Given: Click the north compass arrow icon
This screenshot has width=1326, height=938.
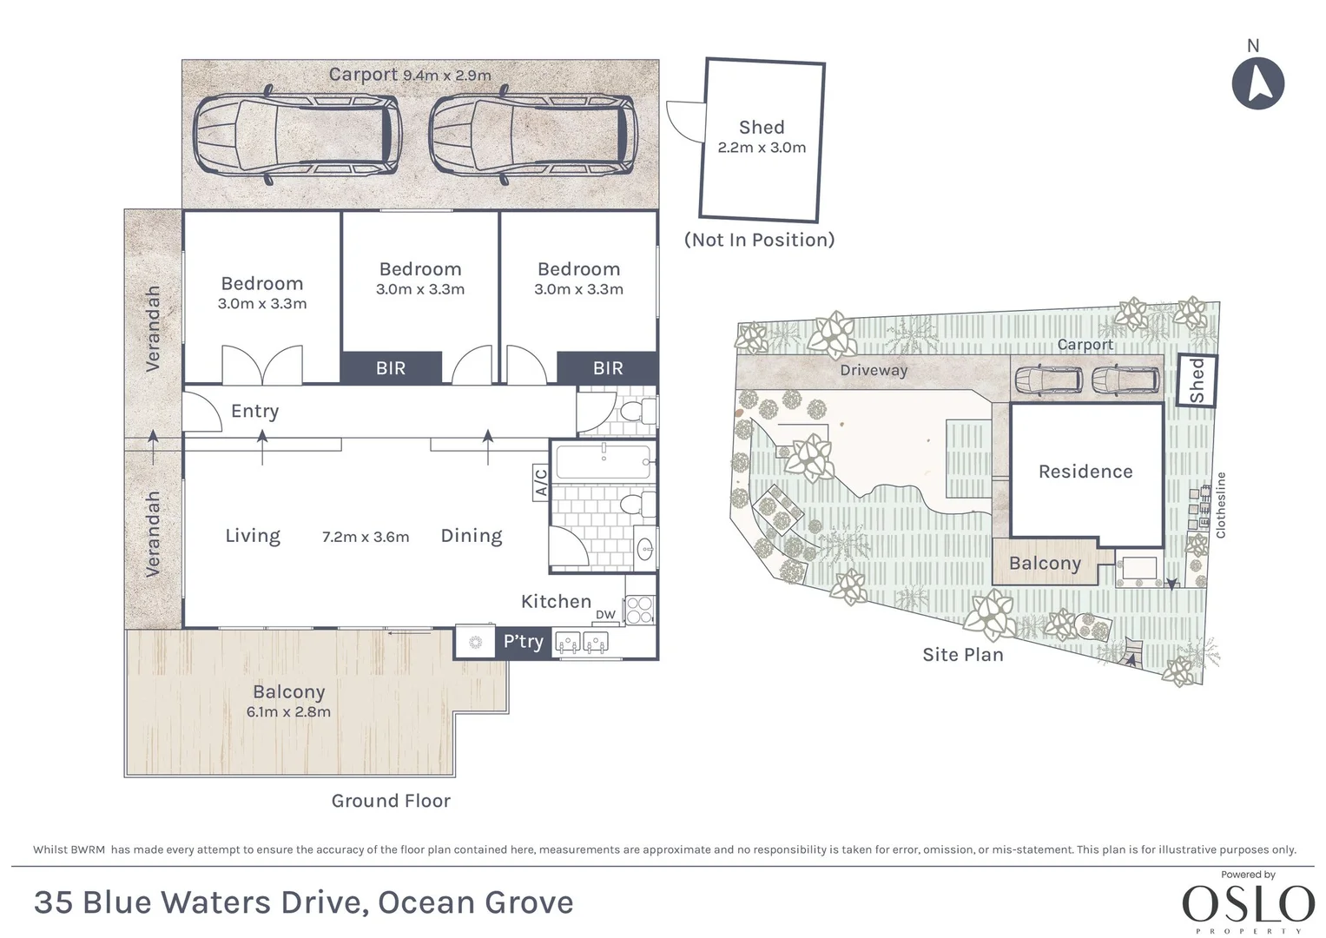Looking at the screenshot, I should pyautogui.click(x=1257, y=83).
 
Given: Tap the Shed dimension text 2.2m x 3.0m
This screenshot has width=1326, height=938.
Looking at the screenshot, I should pyautogui.click(x=762, y=148).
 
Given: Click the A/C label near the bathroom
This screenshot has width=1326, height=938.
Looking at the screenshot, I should pyautogui.click(x=539, y=483).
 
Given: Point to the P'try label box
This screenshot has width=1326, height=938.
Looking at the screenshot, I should pyautogui.click(x=523, y=642).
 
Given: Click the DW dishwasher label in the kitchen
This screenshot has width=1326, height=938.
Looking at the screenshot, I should pyautogui.click(x=605, y=615).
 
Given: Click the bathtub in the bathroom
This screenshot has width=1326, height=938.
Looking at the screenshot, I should pyautogui.click(x=604, y=462).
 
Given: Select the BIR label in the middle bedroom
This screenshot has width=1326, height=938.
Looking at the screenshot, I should pyautogui.click(x=391, y=368).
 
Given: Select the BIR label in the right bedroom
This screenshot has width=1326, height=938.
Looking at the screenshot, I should pyautogui.click(x=608, y=368).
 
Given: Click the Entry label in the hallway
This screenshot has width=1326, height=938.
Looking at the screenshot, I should pyautogui.click(x=254, y=411).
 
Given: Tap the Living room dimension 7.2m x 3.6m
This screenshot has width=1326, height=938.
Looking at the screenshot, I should pyautogui.click(x=366, y=537).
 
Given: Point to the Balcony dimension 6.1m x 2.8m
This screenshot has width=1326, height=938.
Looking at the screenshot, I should pyautogui.click(x=288, y=712).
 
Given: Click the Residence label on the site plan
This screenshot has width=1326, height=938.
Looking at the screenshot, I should pyautogui.click(x=1085, y=472).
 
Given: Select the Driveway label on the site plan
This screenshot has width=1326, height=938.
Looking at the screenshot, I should pyautogui.click(x=874, y=370).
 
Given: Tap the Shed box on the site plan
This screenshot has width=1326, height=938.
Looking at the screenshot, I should pyautogui.click(x=1197, y=380).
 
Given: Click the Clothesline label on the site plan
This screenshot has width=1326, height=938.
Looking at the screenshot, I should pyautogui.click(x=1221, y=505).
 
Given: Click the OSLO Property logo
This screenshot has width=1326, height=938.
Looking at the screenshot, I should pyautogui.click(x=1248, y=904).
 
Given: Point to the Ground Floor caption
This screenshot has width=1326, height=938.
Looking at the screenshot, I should pyautogui.click(x=391, y=801).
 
